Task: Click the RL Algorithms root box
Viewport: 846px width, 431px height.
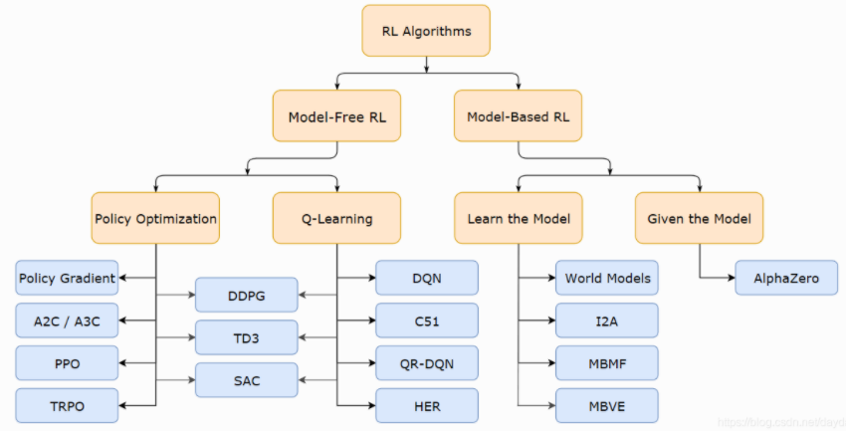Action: (426, 31)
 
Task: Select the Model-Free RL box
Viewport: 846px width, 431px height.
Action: (336, 117)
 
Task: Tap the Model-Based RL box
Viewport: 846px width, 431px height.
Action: (518, 117)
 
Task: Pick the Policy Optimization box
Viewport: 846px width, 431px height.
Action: (155, 218)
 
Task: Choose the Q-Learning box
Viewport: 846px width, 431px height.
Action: (336, 218)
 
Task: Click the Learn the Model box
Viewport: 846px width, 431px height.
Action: (518, 218)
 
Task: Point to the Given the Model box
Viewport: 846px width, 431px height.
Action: (699, 218)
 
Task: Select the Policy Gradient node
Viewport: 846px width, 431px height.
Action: (67, 278)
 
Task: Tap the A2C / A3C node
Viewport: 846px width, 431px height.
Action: (67, 321)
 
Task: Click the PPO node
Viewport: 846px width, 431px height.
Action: (67, 363)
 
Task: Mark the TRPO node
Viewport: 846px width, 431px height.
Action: (67, 406)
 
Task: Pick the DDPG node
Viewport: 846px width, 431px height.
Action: (246, 295)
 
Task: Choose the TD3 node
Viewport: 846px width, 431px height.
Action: (246, 337)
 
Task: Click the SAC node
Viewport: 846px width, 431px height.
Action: (246, 380)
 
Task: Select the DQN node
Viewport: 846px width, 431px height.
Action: (427, 278)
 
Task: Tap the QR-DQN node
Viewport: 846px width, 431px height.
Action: (427, 363)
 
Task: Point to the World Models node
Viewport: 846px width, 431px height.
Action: (607, 278)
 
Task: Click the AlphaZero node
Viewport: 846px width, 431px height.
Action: (786, 278)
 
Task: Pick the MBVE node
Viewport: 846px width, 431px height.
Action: (607, 406)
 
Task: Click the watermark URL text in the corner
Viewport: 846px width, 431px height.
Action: (780, 423)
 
